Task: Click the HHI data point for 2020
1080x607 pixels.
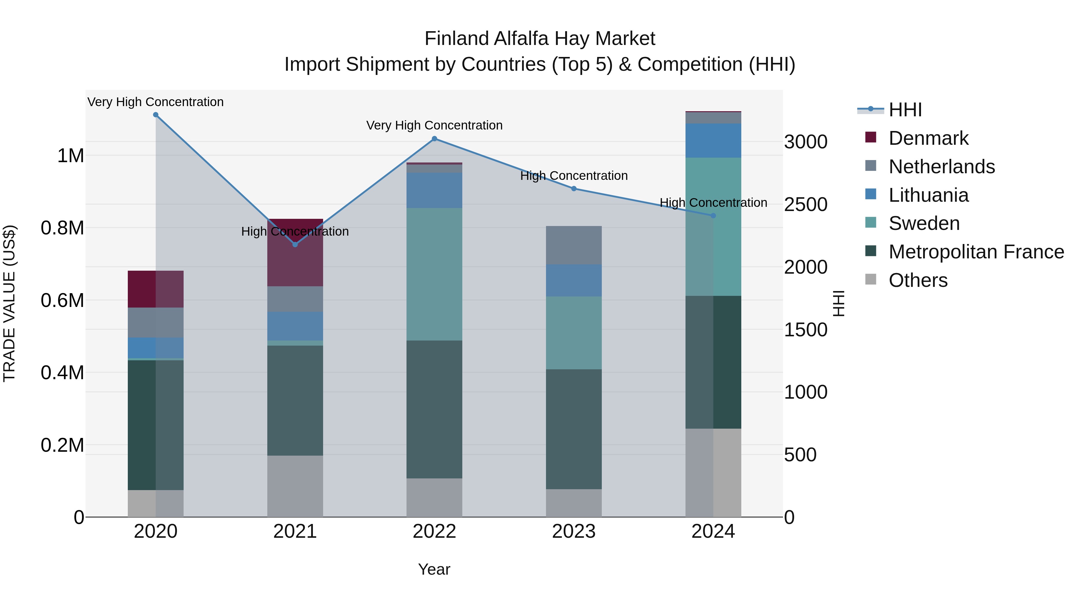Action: click(155, 115)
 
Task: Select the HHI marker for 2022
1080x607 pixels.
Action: click(434, 139)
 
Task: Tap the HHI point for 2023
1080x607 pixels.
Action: click(574, 189)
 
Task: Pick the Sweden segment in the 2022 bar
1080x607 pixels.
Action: click(434, 274)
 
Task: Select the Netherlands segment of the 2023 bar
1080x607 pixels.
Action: click(574, 245)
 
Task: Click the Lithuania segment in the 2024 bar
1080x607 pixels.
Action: click(713, 140)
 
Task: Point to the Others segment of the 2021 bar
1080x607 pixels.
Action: click(295, 486)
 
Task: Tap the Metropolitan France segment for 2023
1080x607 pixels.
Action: click(574, 429)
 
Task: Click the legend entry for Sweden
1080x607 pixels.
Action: click(924, 223)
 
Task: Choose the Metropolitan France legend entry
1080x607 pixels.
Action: click(976, 252)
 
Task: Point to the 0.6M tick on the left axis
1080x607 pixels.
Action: click(62, 300)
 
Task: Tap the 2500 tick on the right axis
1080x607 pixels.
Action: click(805, 204)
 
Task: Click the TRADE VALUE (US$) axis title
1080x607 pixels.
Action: click(9, 303)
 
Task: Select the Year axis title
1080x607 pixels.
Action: click(434, 569)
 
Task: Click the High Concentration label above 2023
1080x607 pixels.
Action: click(574, 176)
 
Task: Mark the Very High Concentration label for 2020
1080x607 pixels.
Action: click(155, 102)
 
